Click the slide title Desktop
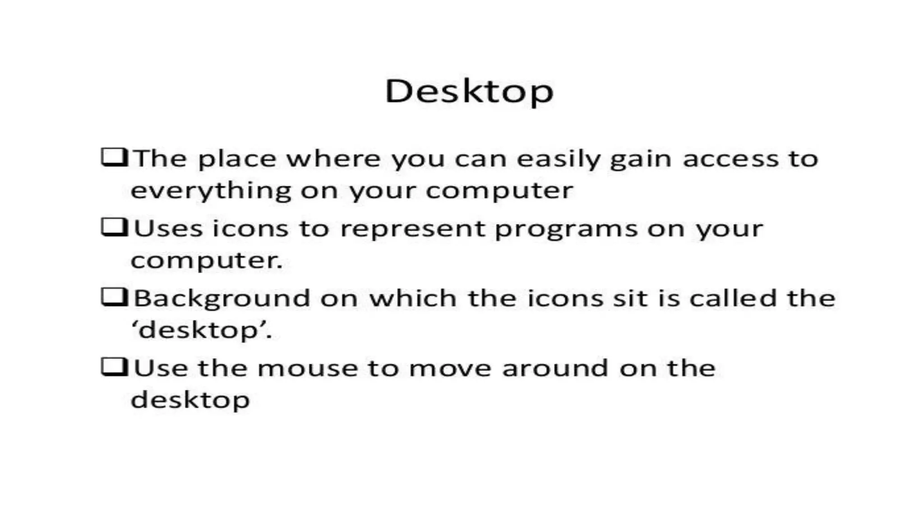click(469, 92)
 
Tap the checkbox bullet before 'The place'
click(114, 158)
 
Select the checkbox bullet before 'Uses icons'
click(114, 227)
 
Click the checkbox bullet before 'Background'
click(114, 297)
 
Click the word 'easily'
click(559, 159)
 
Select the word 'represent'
click(412, 229)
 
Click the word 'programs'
click(566, 229)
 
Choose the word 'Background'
click(222, 299)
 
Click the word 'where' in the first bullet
click(333, 159)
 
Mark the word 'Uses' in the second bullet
click(168, 228)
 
